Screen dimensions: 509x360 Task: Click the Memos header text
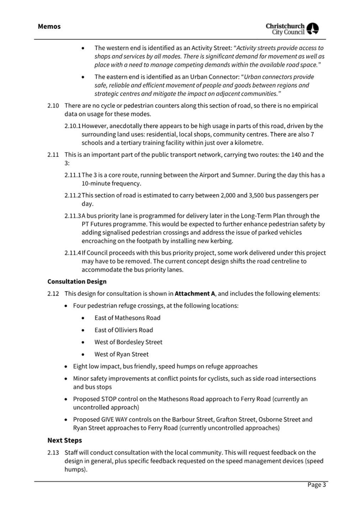(49, 26)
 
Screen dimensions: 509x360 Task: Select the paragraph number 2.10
(53, 106)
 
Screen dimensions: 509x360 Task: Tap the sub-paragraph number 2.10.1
(73, 126)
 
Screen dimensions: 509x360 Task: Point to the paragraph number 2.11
(53, 155)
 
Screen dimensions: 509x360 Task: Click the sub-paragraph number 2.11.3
(73, 216)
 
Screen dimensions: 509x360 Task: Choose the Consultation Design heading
(77, 282)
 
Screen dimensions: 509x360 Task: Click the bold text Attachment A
(195, 294)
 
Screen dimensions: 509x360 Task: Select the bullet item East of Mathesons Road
(127, 318)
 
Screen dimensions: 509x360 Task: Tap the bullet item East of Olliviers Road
(123, 330)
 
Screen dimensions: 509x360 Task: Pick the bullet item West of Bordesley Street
(128, 342)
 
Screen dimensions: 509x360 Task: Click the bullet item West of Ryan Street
(121, 354)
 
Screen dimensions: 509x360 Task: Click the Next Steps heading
(65, 440)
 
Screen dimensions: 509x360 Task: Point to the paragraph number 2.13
(53, 453)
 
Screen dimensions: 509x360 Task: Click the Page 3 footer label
(317, 485)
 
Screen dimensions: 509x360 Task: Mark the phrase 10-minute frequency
(111, 184)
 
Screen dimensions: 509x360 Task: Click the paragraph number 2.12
(53, 294)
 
